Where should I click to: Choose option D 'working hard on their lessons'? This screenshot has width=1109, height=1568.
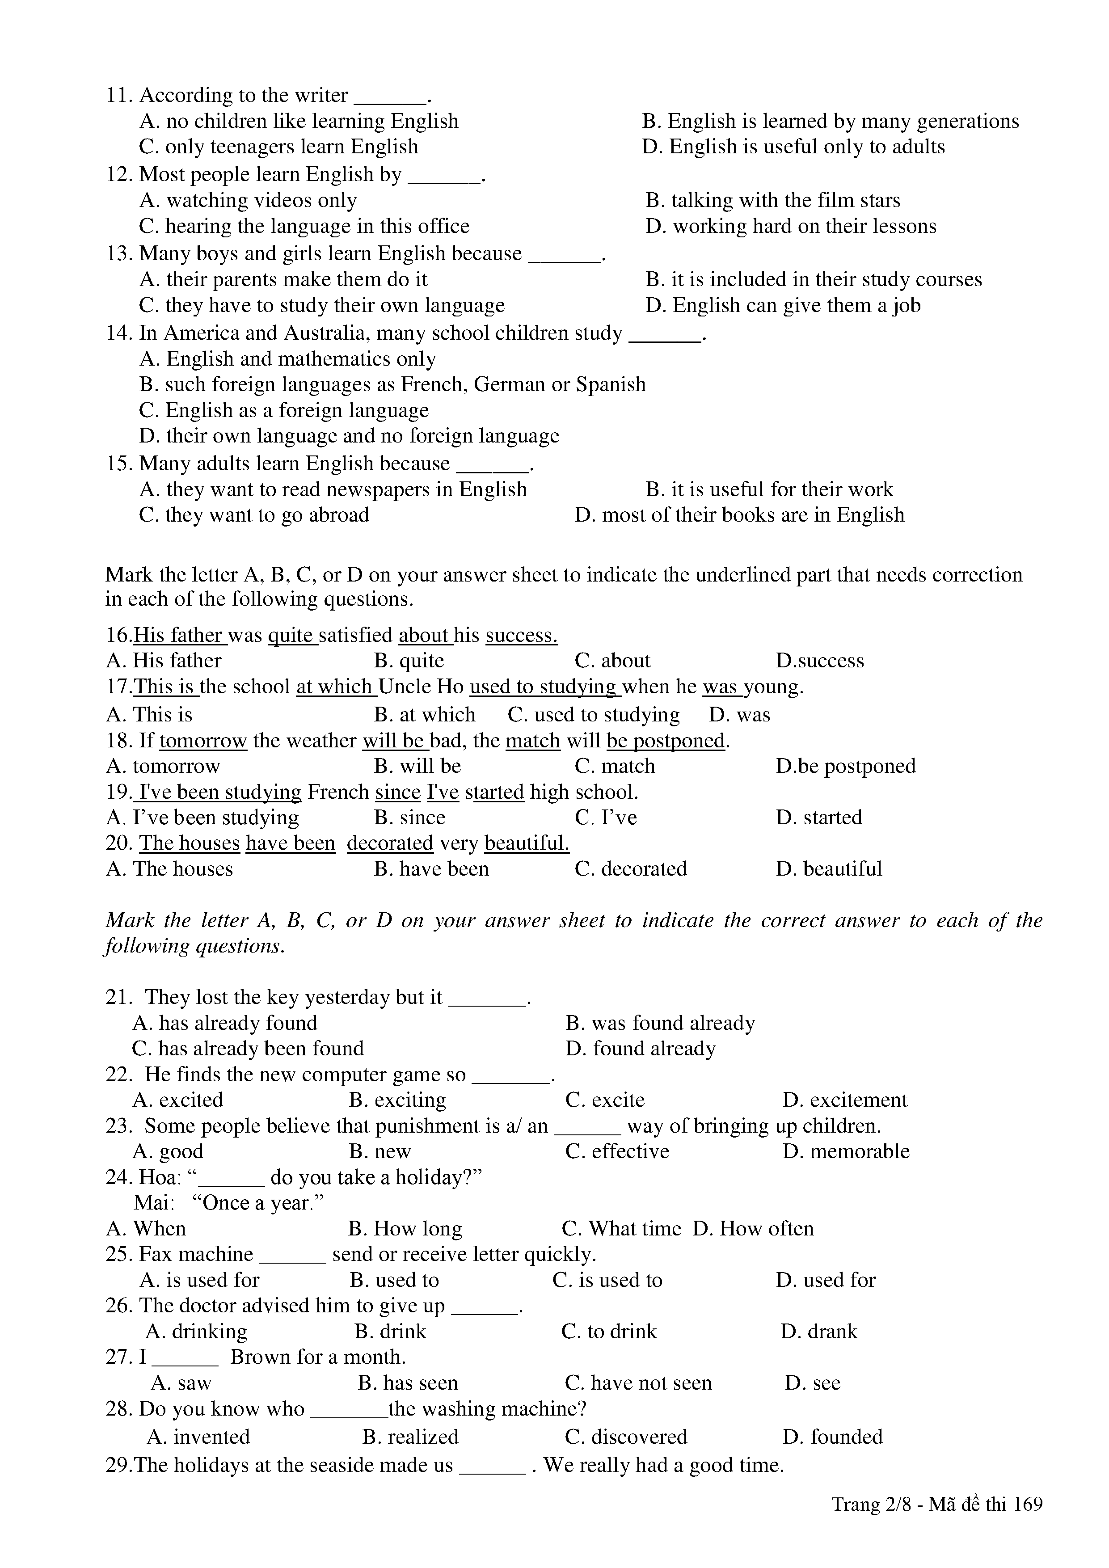click(x=791, y=227)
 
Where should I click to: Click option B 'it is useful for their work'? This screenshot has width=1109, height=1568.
click(x=769, y=489)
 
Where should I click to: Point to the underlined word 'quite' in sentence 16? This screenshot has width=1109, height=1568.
click(x=291, y=636)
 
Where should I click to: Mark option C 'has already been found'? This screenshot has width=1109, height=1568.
click(x=247, y=1048)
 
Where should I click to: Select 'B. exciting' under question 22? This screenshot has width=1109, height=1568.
click(x=397, y=1100)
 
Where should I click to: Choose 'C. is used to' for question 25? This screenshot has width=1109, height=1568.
click(x=607, y=1280)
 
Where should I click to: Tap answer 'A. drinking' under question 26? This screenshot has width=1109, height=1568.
click(x=196, y=1331)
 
